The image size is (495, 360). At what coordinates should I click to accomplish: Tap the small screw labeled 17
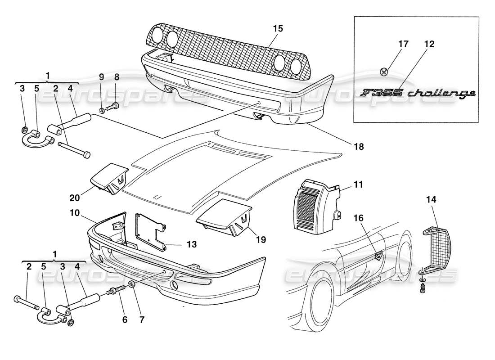point(383,70)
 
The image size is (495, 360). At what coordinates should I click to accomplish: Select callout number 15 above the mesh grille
point(278,28)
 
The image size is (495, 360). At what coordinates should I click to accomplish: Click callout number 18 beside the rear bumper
point(359,146)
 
